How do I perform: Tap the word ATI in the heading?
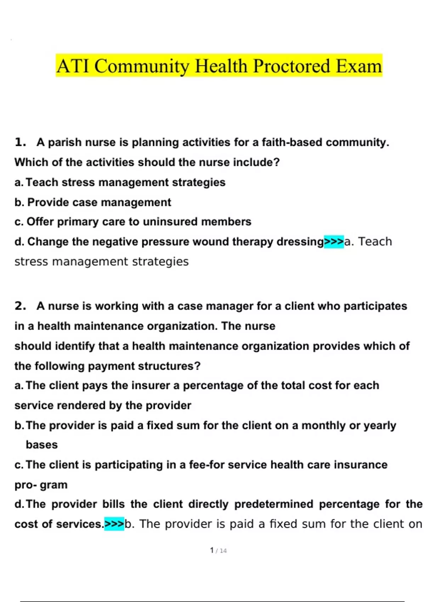coord(73,66)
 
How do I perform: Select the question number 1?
coord(20,142)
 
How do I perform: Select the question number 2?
coord(20,306)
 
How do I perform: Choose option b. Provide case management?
coord(93,202)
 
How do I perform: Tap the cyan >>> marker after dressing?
coord(334,242)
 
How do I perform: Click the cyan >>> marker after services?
coord(114,524)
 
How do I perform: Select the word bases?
coord(41,445)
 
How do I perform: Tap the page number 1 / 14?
coord(218,551)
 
